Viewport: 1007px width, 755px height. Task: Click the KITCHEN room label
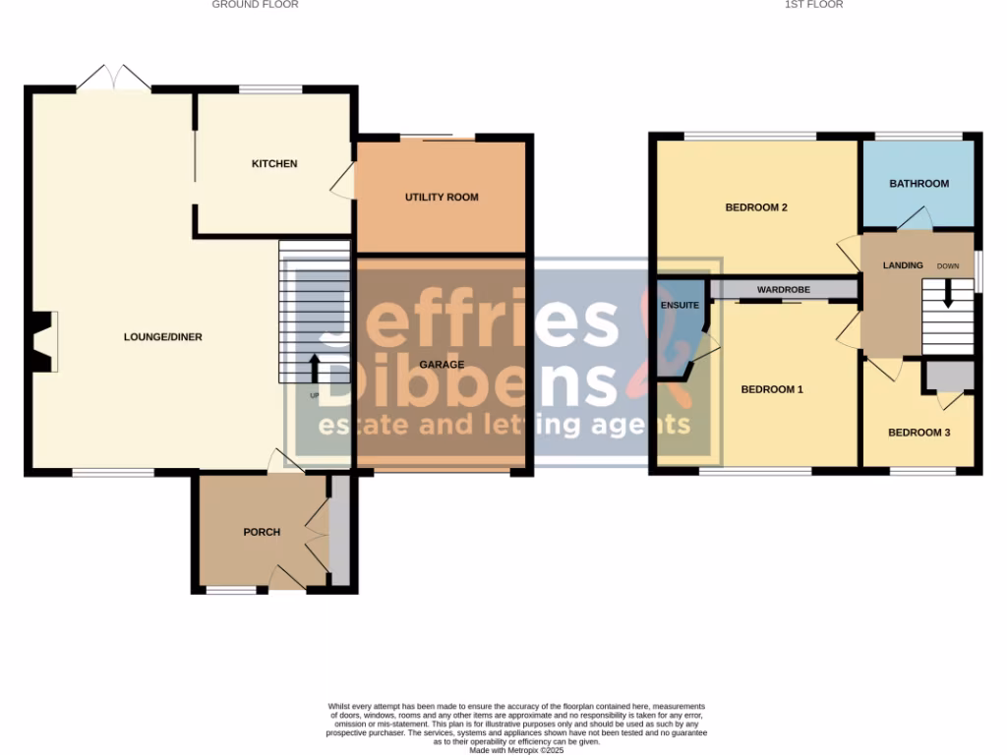click(x=274, y=163)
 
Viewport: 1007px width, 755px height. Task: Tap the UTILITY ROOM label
click(x=442, y=198)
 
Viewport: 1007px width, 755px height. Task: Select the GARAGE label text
click(x=442, y=365)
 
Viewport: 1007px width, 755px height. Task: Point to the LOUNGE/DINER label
click(x=163, y=337)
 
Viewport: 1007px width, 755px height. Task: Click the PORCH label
click(x=262, y=532)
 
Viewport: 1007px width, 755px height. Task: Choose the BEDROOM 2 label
click(x=756, y=207)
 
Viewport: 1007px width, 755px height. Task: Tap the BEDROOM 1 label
click(x=772, y=389)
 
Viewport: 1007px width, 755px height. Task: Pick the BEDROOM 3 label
click(x=918, y=433)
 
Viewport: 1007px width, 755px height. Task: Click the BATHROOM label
click(x=918, y=184)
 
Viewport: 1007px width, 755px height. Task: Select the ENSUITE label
click(x=680, y=306)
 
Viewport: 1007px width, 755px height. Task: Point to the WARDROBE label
click(x=783, y=290)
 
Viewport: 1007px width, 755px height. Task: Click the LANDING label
click(x=903, y=265)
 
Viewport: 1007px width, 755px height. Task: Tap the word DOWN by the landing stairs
click(x=948, y=266)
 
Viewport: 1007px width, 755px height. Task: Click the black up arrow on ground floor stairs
click(x=315, y=368)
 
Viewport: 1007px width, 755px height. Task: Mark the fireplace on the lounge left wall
click(x=42, y=341)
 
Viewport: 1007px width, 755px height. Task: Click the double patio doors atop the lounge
click(x=114, y=79)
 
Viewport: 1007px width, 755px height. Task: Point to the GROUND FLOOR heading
click(x=255, y=5)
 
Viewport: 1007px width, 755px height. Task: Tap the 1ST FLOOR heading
click(x=813, y=5)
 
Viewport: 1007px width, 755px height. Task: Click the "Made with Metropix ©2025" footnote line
click(x=515, y=750)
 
